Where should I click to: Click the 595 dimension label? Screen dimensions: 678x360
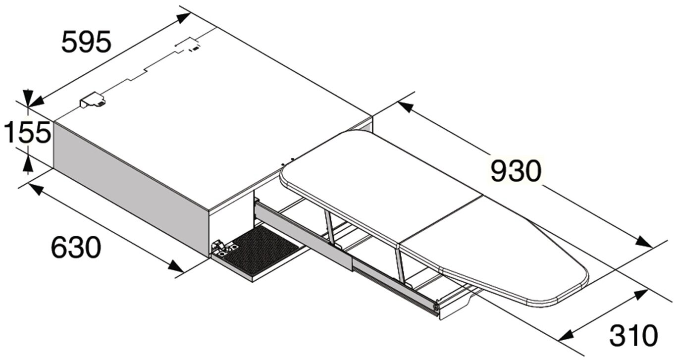point(87,42)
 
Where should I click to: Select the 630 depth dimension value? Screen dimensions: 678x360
point(76,248)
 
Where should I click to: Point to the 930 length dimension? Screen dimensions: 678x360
point(516,171)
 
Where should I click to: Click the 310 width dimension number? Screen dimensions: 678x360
point(633,335)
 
